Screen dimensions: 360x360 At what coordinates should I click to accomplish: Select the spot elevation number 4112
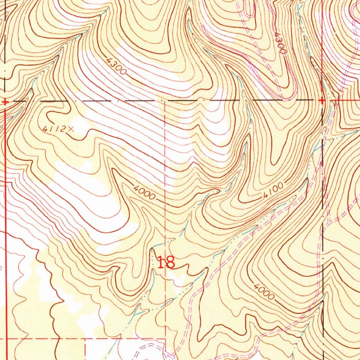pos(53,129)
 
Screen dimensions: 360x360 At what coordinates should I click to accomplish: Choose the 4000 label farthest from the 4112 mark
pos(263,291)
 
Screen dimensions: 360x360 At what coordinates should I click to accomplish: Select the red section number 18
pos(166,262)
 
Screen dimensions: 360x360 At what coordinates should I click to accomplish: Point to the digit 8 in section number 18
pos(170,262)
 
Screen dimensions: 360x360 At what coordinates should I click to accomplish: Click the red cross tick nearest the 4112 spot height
pos(5,102)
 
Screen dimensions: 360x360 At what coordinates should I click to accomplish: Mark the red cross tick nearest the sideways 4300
pos(322,101)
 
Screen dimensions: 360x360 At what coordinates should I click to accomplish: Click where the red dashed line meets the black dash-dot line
pos(166,101)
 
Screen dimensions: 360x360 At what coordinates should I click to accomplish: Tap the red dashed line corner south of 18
pos(165,339)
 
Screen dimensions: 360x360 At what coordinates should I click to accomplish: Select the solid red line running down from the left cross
pos(6,211)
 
